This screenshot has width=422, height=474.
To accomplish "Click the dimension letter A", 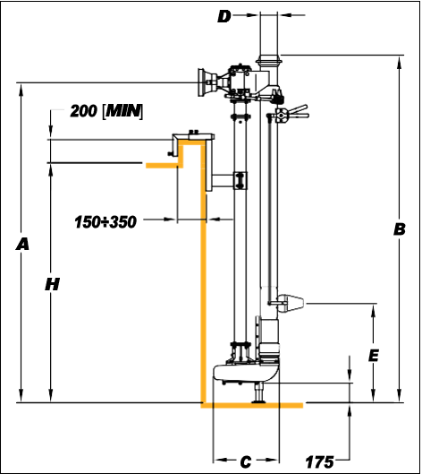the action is point(22,244).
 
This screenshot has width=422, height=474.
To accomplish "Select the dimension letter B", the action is point(400,229).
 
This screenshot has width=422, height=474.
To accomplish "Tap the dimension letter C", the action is point(246,462).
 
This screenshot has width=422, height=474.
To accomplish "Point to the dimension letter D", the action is point(224,16).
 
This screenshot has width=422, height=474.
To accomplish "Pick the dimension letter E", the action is point(374,356).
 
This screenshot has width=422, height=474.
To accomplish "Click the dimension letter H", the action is point(52,284).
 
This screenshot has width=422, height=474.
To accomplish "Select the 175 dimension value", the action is point(320,462).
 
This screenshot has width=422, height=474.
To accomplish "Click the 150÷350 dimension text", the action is point(105,222).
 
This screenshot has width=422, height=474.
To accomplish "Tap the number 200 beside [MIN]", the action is point(83,111).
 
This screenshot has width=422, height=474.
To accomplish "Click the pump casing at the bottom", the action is point(246,372).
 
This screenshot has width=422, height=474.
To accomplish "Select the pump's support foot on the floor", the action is point(258,392).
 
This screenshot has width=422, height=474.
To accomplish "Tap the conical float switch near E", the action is point(291,303).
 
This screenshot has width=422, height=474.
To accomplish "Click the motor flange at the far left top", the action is point(200,82).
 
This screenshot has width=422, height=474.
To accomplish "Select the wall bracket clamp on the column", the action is point(241,180).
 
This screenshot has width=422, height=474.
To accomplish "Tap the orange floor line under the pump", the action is point(252,405).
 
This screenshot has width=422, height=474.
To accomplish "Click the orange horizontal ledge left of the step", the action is point(164,166).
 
